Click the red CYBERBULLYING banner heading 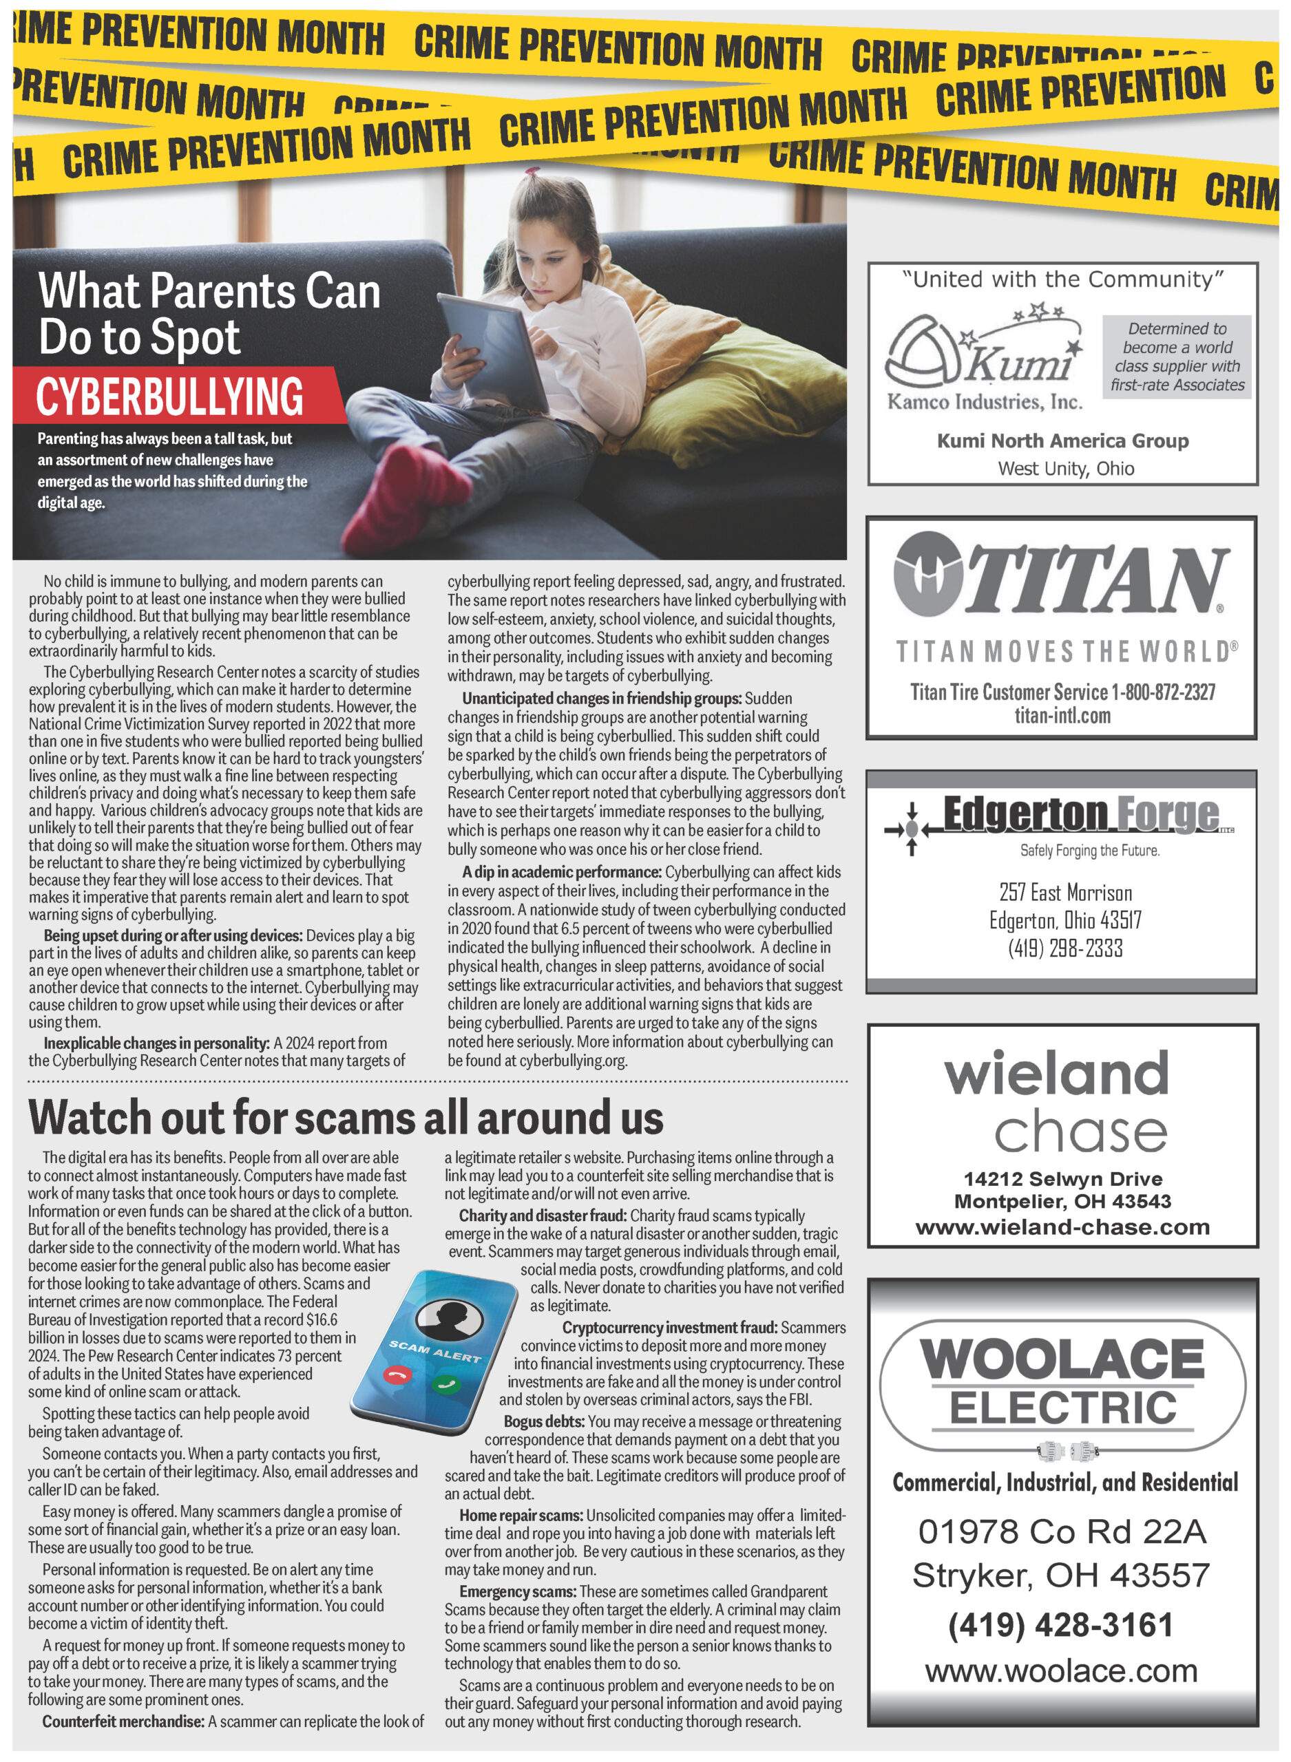pyautogui.click(x=169, y=396)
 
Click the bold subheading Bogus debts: pyautogui.click(x=544, y=1421)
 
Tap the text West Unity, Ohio pyautogui.click(x=1065, y=469)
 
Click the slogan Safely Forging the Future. pyautogui.click(x=1089, y=851)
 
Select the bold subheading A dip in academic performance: pyautogui.click(x=561, y=871)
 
